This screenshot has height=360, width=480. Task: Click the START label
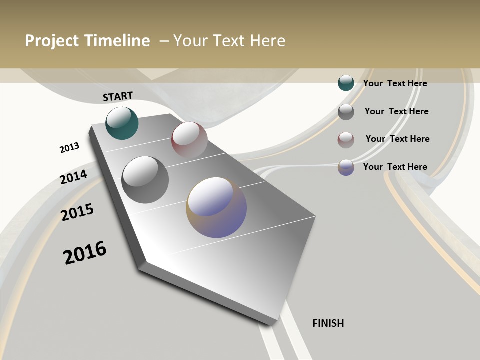pyautogui.click(x=118, y=96)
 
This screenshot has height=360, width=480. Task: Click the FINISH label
pyautogui.click(x=328, y=323)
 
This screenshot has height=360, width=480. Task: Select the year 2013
pyautogui.click(x=69, y=148)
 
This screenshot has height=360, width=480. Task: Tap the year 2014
pyautogui.click(x=73, y=177)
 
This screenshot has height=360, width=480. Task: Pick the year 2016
pyautogui.click(x=85, y=252)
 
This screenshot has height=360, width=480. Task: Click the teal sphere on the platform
pyautogui.click(x=122, y=123)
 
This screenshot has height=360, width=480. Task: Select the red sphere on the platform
pyautogui.click(x=189, y=139)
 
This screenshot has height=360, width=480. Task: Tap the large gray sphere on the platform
pyautogui.click(x=145, y=179)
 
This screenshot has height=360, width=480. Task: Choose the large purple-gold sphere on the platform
pyautogui.click(x=216, y=207)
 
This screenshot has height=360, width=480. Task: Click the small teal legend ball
pyautogui.click(x=346, y=83)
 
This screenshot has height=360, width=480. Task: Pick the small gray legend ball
pyautogui.click(x=346, y=111)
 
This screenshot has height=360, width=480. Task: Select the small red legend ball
pyautogui.click(x=346, y=140)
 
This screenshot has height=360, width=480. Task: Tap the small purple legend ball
pyautogui.click(x=346, y=167)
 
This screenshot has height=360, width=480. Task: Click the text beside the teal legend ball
pyautogui.click(x=395, y=83)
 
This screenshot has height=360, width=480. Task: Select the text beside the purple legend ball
pyautogui.click(x=395, y=167)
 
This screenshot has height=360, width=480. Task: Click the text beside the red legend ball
pyautogui.click(x=397, y=139)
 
